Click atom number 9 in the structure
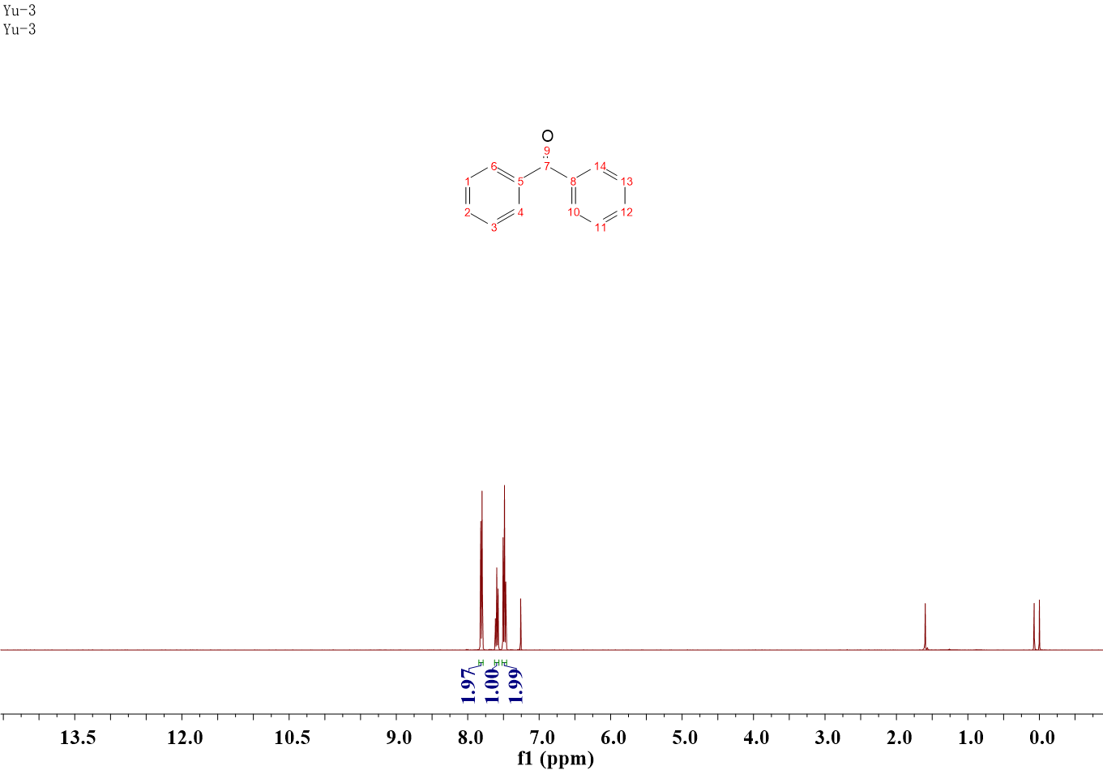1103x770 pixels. tap(547, 151)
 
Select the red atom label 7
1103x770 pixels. tap(547, 166)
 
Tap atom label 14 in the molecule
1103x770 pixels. tap(600, 166)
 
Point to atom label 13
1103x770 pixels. tap(626, 182)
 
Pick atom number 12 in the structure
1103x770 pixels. tap(626, 212)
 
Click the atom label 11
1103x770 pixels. tap(601, 228)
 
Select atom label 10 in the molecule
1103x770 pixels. tap(574, 212)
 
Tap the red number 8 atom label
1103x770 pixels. tap(573, 182)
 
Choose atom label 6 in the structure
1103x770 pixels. tap(494, 166)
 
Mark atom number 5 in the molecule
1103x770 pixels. tap(521, 182)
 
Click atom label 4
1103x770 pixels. tap(521, 212)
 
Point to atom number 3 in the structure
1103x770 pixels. tap(494, 228)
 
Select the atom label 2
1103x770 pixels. tap(468, 212)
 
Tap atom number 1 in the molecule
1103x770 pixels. tap(468, 182)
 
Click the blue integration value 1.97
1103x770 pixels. tap(468, 685)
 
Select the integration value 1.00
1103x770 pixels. tap(492, 685)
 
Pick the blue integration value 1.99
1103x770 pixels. tap(516, 685)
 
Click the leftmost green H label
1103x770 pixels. tap(481, 663)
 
